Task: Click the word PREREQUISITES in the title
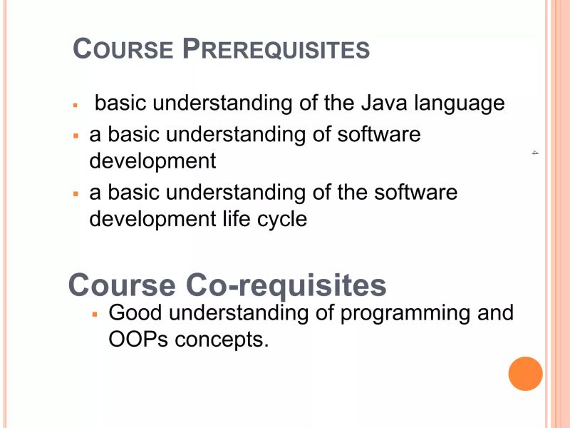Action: pos(276,49)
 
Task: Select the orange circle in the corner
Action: pos(526,374)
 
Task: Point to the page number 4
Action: pos(534,153)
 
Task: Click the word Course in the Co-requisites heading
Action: pos(122,286)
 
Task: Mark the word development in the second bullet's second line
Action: pos(152,162)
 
